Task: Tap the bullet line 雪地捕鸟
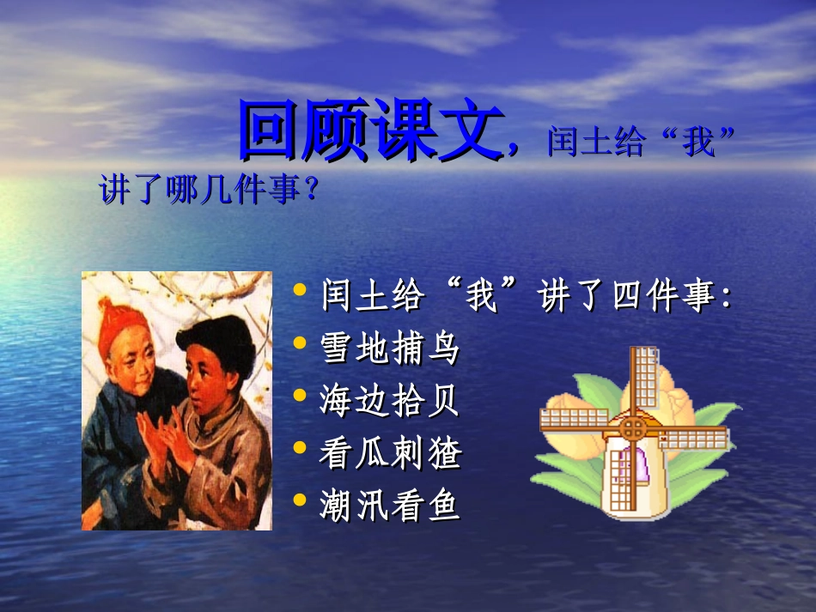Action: click(390, 348)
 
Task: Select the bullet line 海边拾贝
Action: click(390, 401)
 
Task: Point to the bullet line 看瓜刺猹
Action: click(390, 453)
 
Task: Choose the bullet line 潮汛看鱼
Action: click(390, 506)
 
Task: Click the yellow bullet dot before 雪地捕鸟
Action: click(300, 344)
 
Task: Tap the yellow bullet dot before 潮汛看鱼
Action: click(300, 500)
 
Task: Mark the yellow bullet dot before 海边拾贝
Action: click(300, 396)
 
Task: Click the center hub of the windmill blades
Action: click(633, 427)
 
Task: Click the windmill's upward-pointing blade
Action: click(642, 378)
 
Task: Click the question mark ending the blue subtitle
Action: click(311, 189)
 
